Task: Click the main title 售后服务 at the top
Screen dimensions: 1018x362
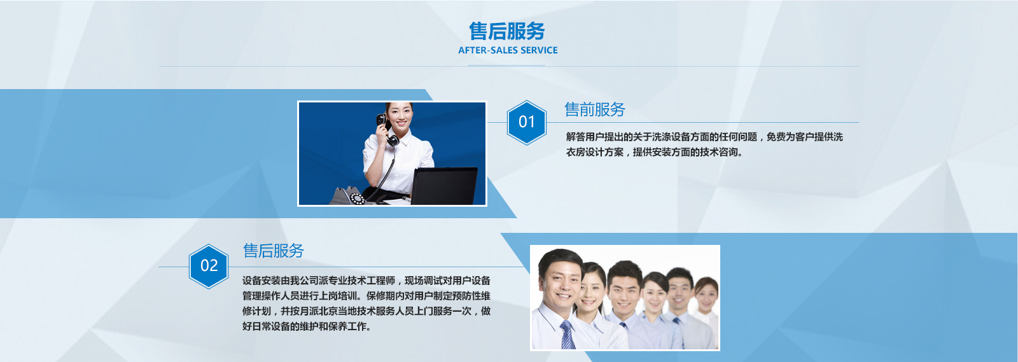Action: click(506, 31)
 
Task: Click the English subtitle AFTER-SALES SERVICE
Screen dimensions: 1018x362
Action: click(508, 50)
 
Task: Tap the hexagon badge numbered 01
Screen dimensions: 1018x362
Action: click(527, 122)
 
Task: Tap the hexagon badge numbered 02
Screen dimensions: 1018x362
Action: click(209, 266)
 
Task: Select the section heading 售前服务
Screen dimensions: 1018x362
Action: click(595, 109)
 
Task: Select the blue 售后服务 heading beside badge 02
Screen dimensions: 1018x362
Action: click(274, 250)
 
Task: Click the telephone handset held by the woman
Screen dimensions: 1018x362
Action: click(387, 129)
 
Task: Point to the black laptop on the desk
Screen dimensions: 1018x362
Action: click(443, 186)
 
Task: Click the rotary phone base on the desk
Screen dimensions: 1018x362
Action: click(349, 196)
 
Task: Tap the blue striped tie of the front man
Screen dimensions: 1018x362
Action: click(567, 335)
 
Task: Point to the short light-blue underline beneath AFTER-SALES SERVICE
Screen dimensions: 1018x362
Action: click(506, 66)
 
